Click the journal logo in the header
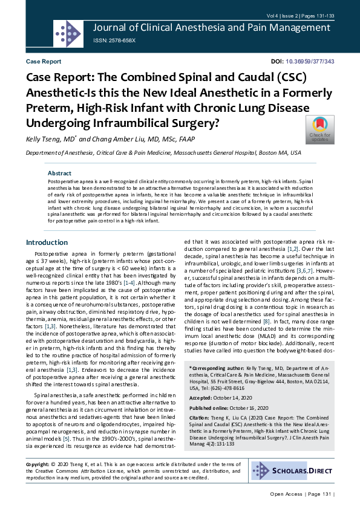click(x=68, y=33)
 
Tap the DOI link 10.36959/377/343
click(x=310, y=62)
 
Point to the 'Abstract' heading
click(x=59, y=173)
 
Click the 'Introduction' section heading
click(x=47, y=242)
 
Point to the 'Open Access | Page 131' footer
click(x=301, y=494)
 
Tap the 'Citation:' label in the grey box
click(x=200, y=418)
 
